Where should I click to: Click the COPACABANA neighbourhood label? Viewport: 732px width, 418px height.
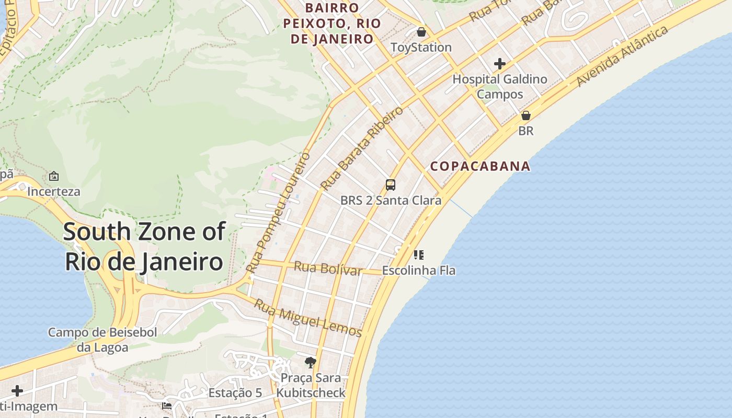click(x=480, y=166)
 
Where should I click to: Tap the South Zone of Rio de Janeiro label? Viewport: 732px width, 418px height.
click(x=144, y=247)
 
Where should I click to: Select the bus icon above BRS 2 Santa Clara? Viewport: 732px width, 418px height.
click(x=391, y=184)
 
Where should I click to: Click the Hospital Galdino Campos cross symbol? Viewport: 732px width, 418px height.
click(x=500, y=64)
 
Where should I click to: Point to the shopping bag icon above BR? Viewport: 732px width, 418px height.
click(x=526, y=115)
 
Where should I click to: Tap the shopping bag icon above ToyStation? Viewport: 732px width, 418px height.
click(x=421, y=32)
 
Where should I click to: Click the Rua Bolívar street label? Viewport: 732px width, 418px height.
click(x=328, y=268)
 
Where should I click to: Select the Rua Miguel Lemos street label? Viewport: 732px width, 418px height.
click(x=308, y=317)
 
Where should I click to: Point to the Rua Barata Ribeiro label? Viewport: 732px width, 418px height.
click(x=362, y=148)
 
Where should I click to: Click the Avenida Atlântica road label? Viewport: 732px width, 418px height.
click(x=622, y=56)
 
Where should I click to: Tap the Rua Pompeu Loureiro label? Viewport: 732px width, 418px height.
click(x=279, y=212)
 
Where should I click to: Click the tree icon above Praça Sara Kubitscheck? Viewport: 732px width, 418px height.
click(x=311, y=362)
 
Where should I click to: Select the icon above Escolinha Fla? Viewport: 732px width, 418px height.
click(x=418, y=255)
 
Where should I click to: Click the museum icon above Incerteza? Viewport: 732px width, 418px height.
click(x=53, y=176)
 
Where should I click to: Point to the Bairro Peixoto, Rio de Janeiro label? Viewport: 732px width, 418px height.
click(x=332, y=24)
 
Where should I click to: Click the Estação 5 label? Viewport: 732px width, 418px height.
click(x=235, y=393)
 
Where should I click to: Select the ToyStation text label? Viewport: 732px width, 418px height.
click(x=421, y=47)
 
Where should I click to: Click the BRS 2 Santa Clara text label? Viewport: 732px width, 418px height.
click(x=391, y=200)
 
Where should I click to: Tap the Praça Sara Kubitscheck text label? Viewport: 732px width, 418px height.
click(x=311, y=385)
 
